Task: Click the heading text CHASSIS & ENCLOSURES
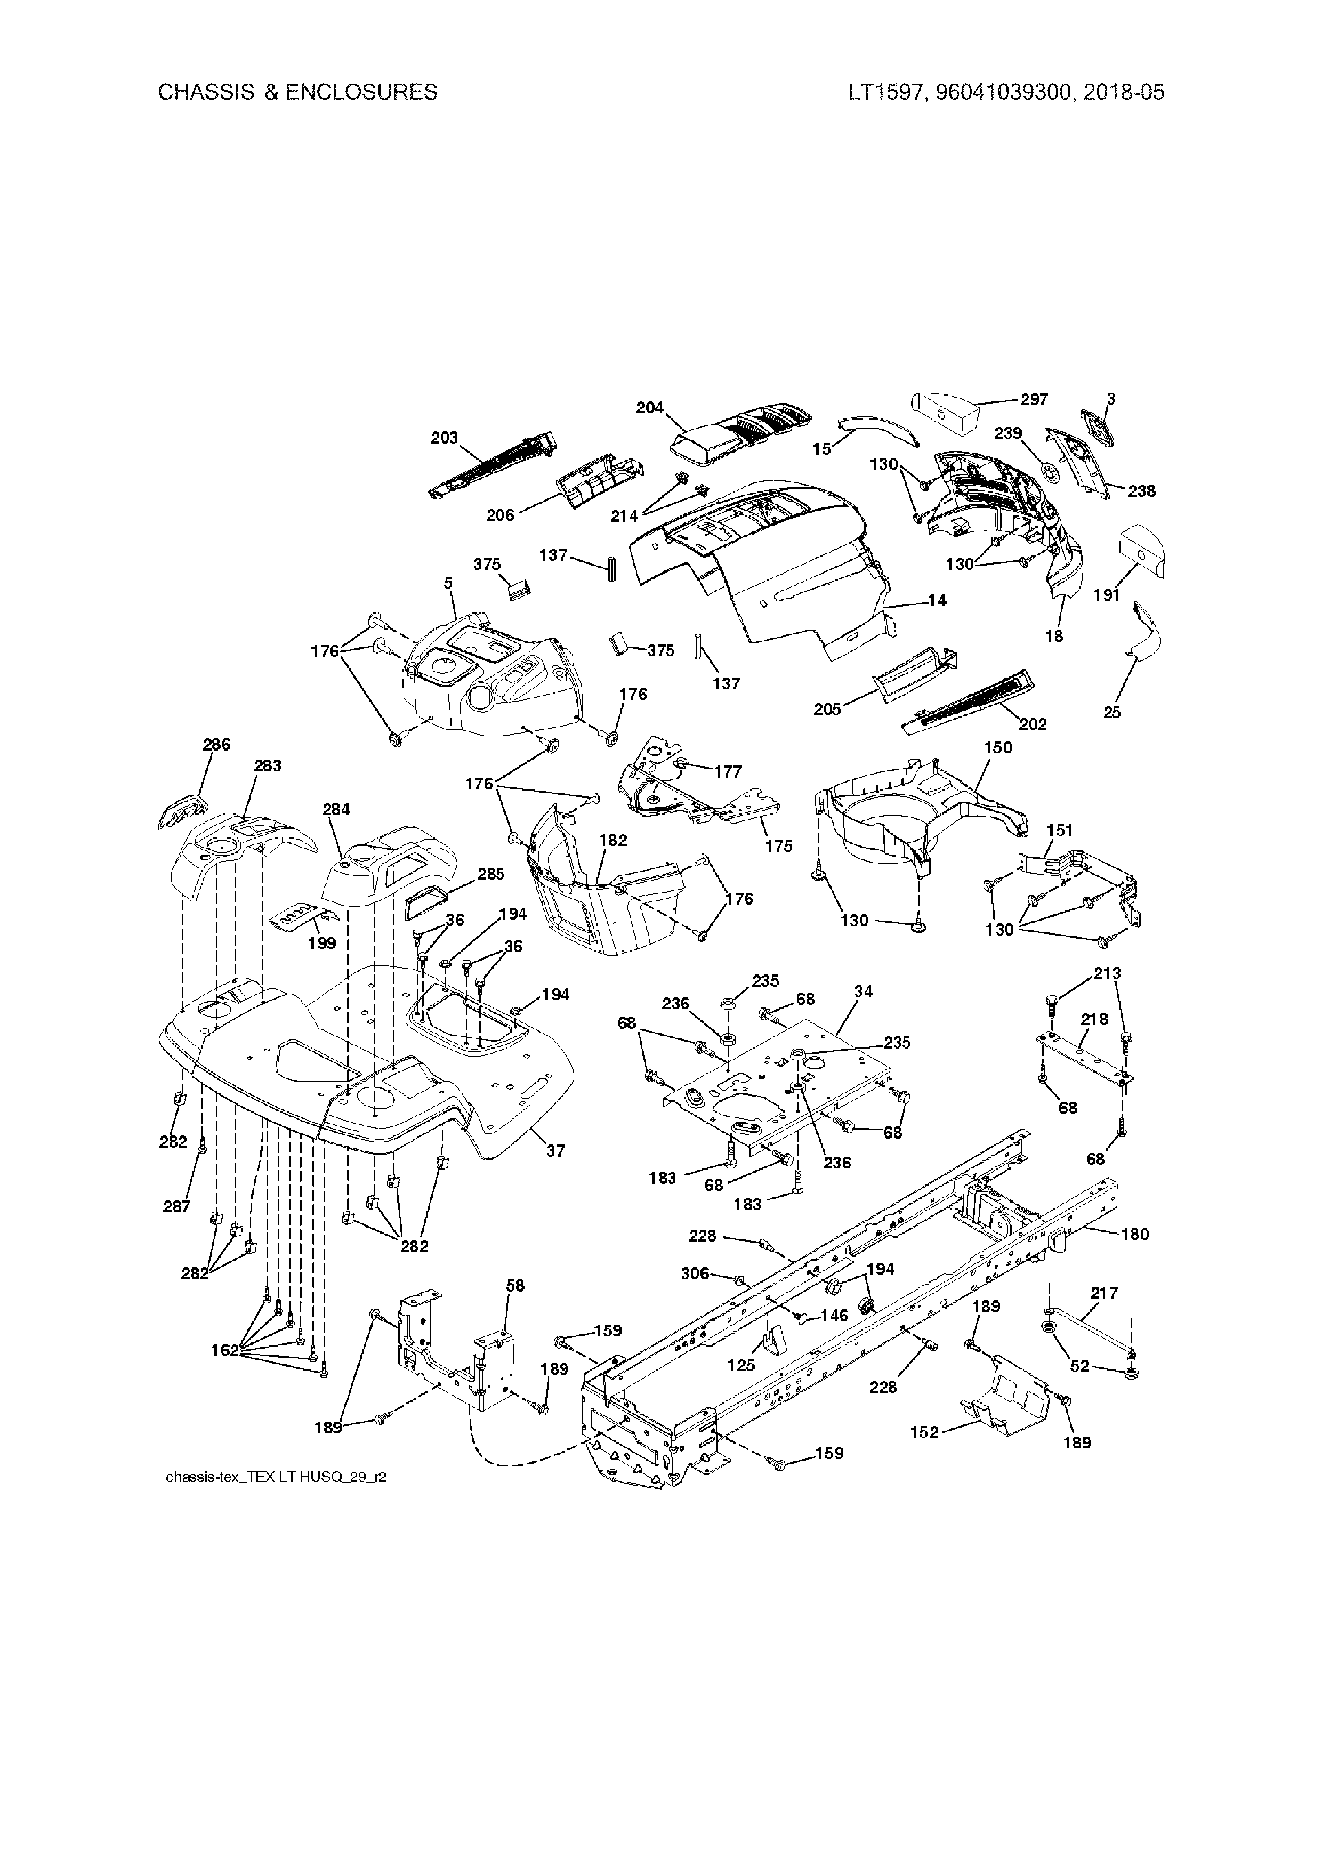(x=297, y=92)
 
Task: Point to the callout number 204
(x=650, y=407)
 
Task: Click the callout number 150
(x=998, y=748)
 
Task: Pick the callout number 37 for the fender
(x=555, y=1151)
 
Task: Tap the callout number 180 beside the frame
(x=1135, y=1235)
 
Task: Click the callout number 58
(x=515, y=1285)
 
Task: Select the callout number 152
(x=924, y=1433)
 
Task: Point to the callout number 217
(x=1105, y=1293)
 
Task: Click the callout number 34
(x=864, y=991)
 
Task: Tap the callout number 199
(x=323, y=943)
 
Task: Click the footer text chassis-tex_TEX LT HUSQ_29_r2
(x=275, y=1478)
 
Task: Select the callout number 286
(x=216, y=744)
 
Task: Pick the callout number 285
(x=491, y=874)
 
